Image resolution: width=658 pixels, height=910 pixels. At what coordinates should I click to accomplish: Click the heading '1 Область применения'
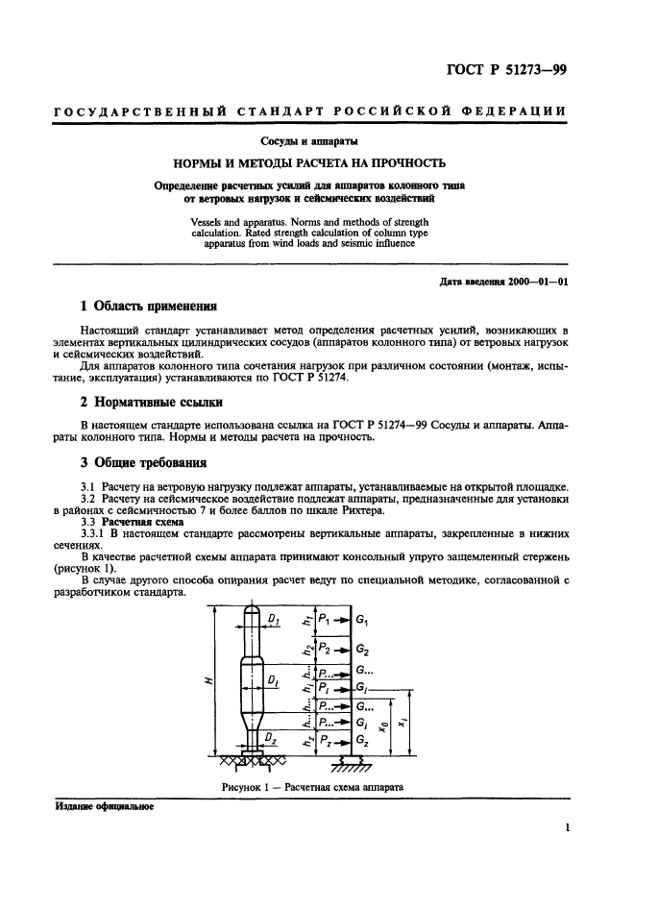point(148,306)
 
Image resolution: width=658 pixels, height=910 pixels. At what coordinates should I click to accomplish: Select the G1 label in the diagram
point(362,622)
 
